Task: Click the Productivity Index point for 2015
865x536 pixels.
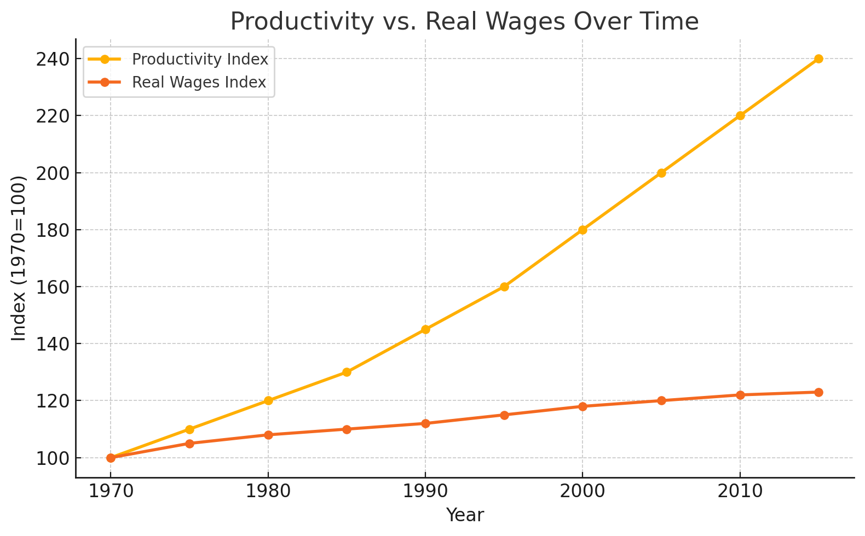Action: (x=818, y=59)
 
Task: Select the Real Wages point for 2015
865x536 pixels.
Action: (x=818, y=392)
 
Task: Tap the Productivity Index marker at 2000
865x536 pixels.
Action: (x=583, y=230)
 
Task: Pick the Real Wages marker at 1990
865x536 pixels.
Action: (x=425, y=423)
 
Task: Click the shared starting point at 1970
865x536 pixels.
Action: (x=111, y=458)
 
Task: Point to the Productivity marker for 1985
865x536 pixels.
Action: (x=347, y=372)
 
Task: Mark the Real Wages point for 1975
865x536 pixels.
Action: (x=189, y=444)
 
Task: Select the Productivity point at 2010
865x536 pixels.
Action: (x=740, y=115)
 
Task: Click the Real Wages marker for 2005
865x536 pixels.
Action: (x=661, y=400)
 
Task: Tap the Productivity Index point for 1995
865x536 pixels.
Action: (x=504, y=287)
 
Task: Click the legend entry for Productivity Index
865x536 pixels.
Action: (x=200, y=59)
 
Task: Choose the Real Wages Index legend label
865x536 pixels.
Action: (x=199, y=83)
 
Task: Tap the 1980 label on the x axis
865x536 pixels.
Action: (x=268, y=491)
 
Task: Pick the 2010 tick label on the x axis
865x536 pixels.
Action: (x=740, y=491)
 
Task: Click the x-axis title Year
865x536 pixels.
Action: (x=465, y=515)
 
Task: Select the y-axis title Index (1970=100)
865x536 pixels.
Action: (x=19, y=258)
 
